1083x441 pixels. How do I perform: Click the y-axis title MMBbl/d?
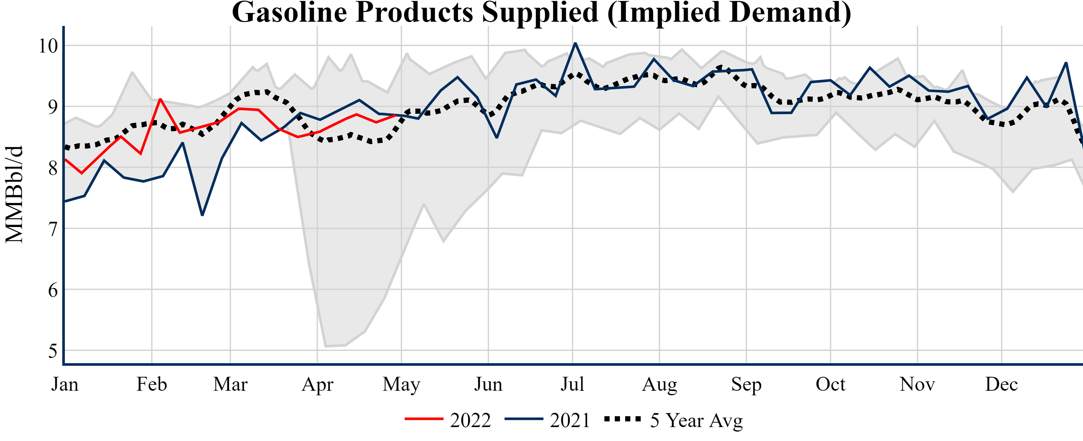[x=14, y=194]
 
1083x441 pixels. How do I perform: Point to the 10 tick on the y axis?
[x=48, y=46]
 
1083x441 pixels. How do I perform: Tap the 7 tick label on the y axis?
[x=53, y=229]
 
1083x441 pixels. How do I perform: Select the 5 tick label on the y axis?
[x=53, y=351]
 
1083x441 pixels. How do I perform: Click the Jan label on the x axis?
[x=65, y=384]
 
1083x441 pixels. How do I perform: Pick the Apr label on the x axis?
[x=317, y=384]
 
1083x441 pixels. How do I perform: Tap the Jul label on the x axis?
[x=572, y=384]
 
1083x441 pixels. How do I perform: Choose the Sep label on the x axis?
[x=746, y=384]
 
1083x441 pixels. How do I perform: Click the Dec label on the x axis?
[x=1001, y=384]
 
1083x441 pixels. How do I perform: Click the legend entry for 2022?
[x=448, y=420]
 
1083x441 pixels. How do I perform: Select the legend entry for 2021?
[x=548, y=420]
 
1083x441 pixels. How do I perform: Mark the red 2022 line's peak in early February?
[x=160, y=99]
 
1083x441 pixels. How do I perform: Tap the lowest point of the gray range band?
[x=326, y=346]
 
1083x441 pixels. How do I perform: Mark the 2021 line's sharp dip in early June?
[x=497, y=137]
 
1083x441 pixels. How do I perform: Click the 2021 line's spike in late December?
[x=1066, y=63]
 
